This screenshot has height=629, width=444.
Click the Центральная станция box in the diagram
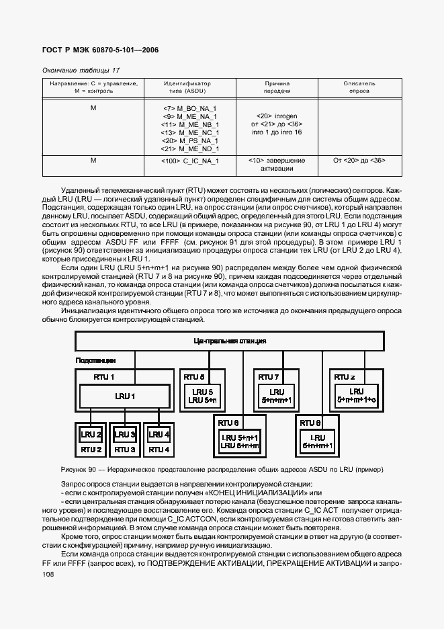(x=229, y=341)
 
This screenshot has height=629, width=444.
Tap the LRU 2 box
(x=91, y=433)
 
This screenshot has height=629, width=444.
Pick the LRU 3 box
(x=124, y=433)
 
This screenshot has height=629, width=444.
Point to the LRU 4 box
(x=159, y=433)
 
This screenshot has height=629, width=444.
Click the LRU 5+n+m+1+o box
(x=356, y=396)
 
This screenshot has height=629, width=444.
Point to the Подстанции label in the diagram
(x=95, y=361)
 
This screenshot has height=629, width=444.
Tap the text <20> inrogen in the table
(x=277, y=116)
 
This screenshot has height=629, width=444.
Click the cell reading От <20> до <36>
(x=359, y=161)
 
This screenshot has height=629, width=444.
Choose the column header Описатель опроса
(x=359, y=87)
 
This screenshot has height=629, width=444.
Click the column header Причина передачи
(x=277, y=87)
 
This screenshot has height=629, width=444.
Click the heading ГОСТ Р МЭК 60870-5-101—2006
(x=100, y=50)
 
